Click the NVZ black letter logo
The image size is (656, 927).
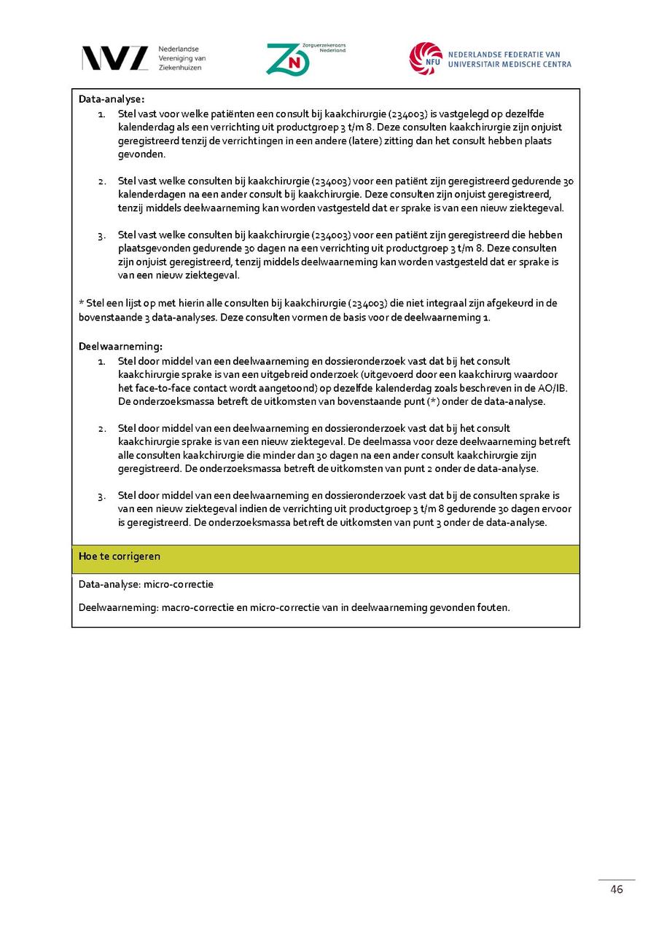pyautogui.click(x=114, y=58)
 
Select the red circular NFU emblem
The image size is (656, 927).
pyautogui.click(x=426, y=59)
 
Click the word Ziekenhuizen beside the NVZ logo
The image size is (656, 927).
pyautogui.click(x=180, y=68)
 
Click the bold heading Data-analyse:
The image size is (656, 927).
pyautogui.click(x=112, y=99)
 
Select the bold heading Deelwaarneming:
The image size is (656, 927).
pyautogui.click(x=120, y=347)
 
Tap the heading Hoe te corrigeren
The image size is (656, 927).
pyautogui.click(x=120, y=556)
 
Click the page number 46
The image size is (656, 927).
pyautogui.click(x=617, y=889)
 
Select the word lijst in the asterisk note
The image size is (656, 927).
pyautogui.click(x=138, y=304)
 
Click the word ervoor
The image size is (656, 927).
pyautogui.click(x=557, y=509)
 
